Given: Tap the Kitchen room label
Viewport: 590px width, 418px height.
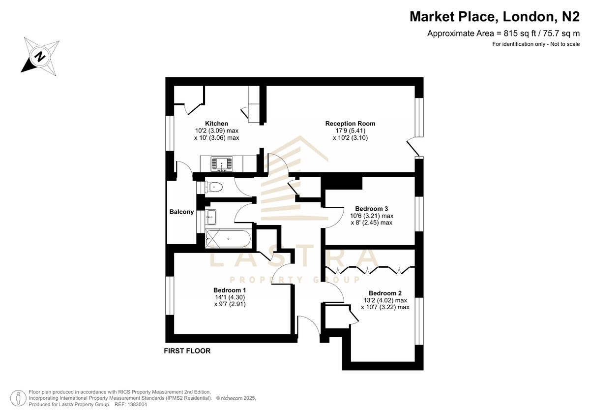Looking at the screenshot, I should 216,124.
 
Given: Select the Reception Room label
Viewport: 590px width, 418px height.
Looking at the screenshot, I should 350,124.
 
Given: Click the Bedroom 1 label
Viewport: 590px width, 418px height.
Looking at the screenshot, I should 230,290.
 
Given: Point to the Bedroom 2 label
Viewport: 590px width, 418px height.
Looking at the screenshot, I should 385,293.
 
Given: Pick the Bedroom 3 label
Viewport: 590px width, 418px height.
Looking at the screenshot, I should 372,208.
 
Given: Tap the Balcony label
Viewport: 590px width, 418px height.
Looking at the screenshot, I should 181,212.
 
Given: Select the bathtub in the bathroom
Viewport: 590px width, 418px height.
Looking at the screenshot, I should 228,239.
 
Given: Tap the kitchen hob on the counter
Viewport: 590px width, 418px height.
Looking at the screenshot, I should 223,163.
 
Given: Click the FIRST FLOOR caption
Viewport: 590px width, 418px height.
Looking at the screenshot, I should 187,351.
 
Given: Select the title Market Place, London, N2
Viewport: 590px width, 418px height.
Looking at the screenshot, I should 495,17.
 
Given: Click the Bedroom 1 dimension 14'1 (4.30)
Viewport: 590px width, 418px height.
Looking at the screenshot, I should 229,297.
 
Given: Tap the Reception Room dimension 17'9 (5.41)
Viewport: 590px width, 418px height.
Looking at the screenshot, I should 350,131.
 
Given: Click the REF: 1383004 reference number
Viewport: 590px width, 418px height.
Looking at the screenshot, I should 130,404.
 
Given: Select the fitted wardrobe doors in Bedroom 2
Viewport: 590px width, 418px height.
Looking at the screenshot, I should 368,269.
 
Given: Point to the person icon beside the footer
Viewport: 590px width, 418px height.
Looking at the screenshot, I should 18,398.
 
